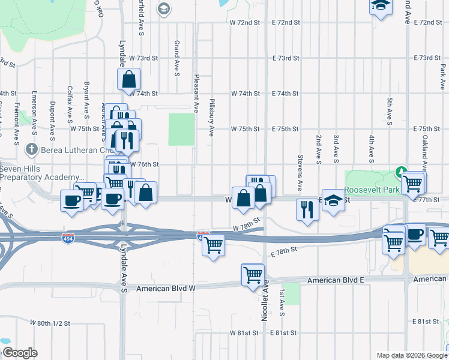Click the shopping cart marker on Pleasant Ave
coord(214,245)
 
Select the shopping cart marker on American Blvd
coord(253,275)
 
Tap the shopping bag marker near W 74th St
coord(129,79)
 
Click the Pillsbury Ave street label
coord(212,118)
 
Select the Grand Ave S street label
coord(176,58)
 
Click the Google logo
coord(20,353)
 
